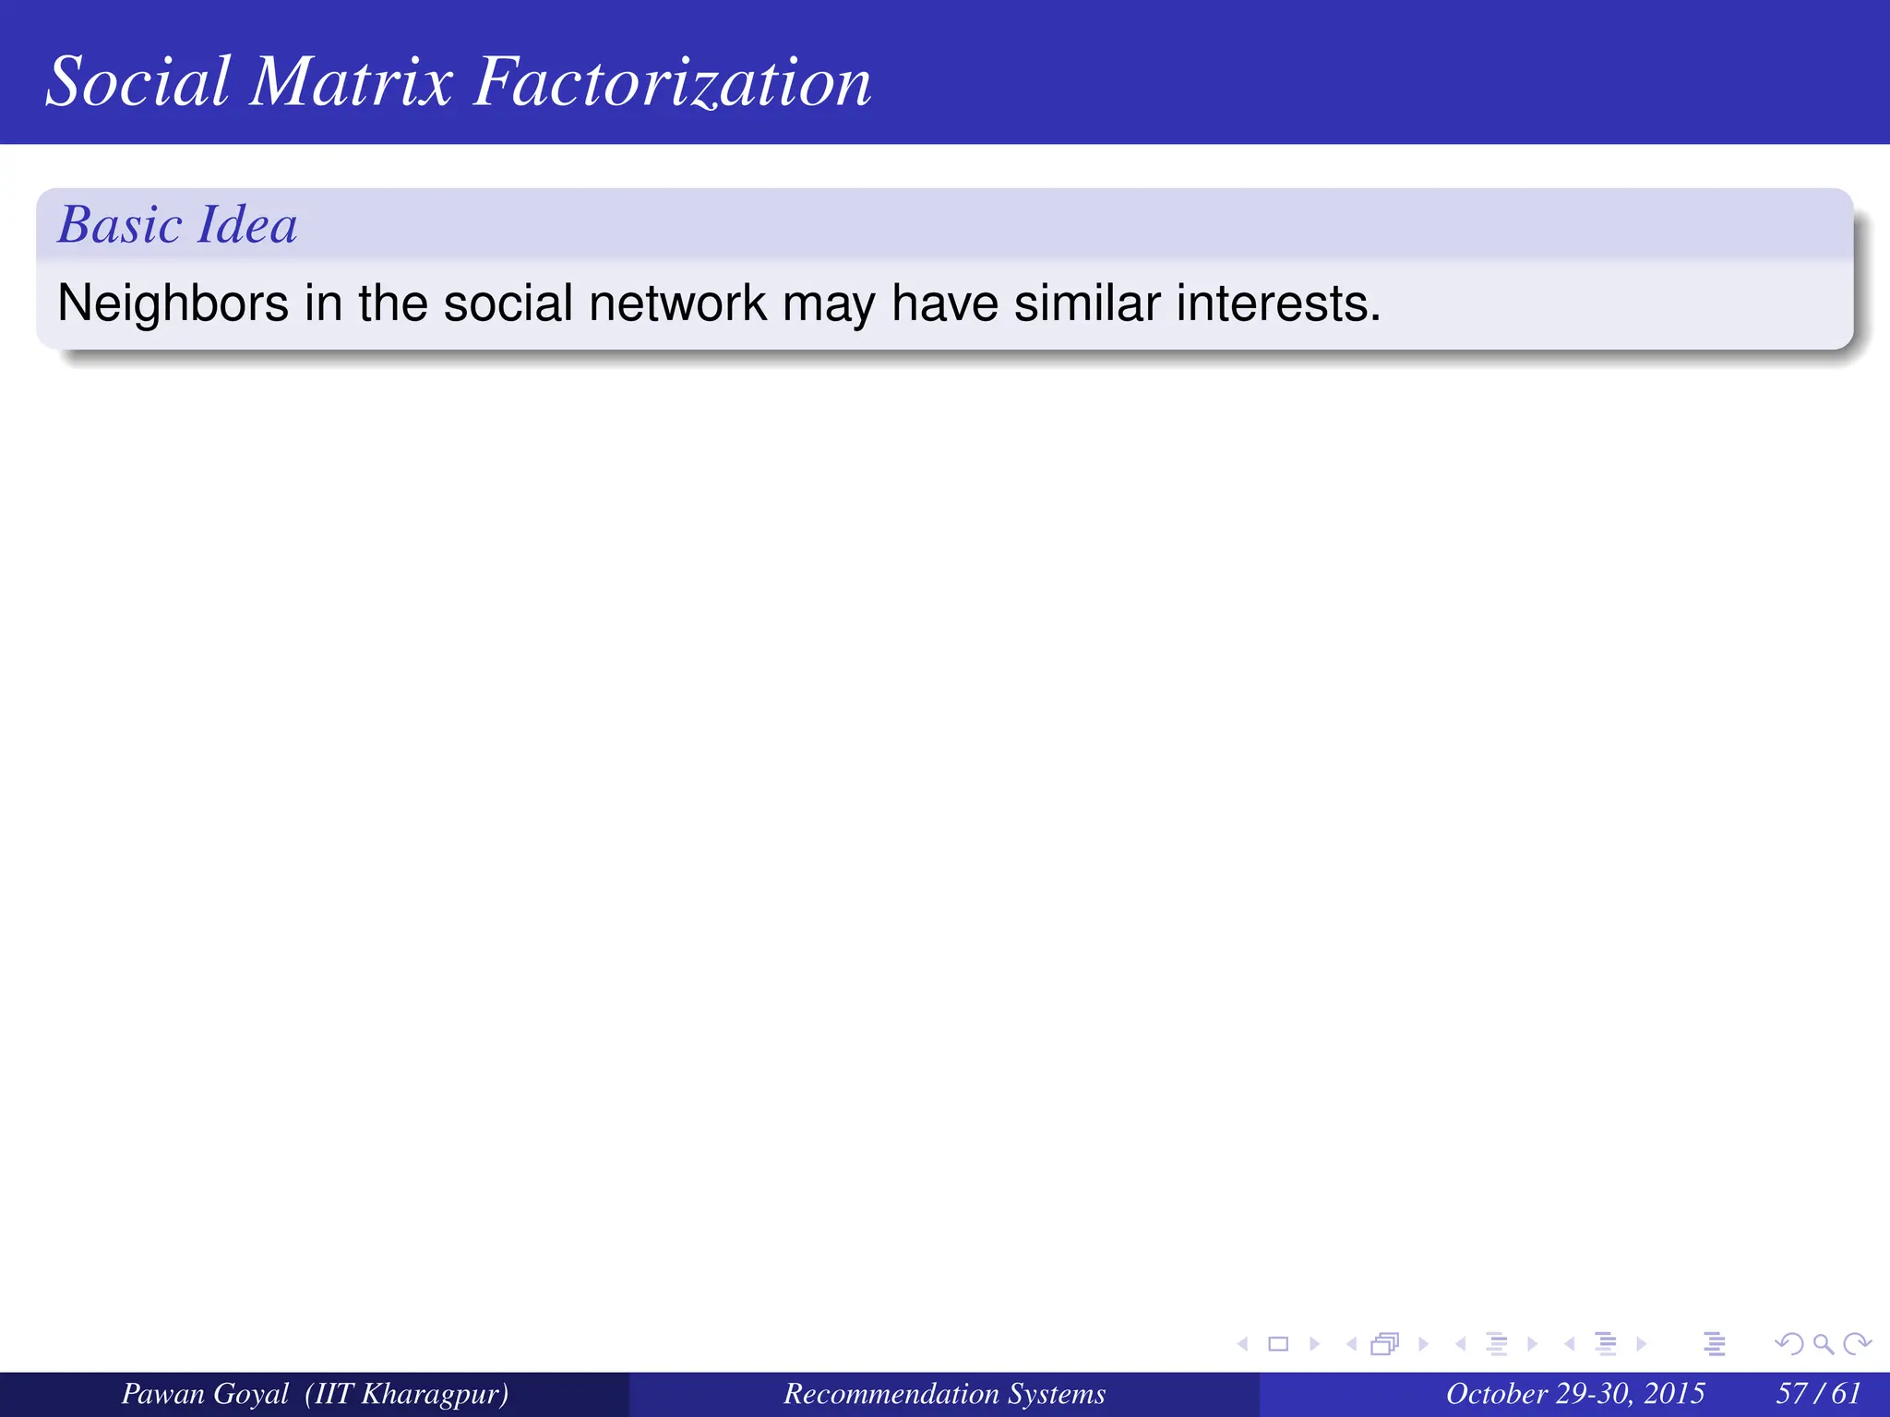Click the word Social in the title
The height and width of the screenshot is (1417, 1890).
[138, 82]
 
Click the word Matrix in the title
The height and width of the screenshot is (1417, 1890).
[351, 82]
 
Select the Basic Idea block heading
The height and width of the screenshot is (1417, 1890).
[177, 225]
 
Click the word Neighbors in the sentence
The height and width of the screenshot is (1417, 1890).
[173, 304]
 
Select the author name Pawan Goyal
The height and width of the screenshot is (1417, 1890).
[205, 1393]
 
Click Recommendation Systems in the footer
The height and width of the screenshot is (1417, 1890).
[944, 1393]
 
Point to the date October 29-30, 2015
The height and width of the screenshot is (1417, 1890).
[1574, 1393]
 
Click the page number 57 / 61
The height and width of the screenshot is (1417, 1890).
[1818, 1393]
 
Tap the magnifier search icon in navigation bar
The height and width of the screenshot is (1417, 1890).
[1823, 1344]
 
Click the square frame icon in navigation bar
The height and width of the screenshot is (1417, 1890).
[1278, 1344]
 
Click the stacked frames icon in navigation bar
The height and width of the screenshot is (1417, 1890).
[1385, 1344]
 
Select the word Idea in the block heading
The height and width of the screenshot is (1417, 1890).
[247, 225]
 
